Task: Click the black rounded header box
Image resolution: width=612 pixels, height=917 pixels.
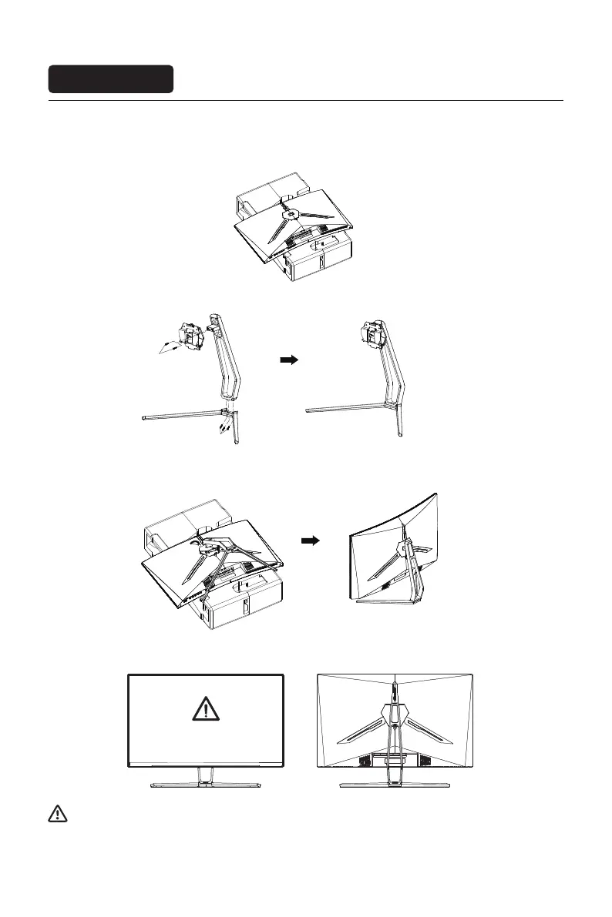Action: pyautogui.click(x=111, y=79)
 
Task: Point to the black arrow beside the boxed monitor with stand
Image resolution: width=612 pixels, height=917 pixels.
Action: pyautogui.click(x=310, y=540)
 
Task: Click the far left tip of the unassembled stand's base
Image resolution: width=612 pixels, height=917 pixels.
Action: pyautogui.click(x=145, y=418)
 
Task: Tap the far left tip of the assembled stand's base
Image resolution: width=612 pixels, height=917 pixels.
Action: pyautogui.click(x=308, y=413)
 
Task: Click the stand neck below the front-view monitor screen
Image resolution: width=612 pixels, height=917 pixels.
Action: pyautogui.click(x=206, y=775)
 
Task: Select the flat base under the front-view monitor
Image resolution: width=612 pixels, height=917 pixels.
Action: pyautogui.click(x=206, y=785)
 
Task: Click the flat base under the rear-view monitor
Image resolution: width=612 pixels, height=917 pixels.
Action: pyautogui.click(x=395, y=785)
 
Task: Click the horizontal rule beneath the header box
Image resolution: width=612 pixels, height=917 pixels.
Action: pyautogui.click(x=306, y=100)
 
